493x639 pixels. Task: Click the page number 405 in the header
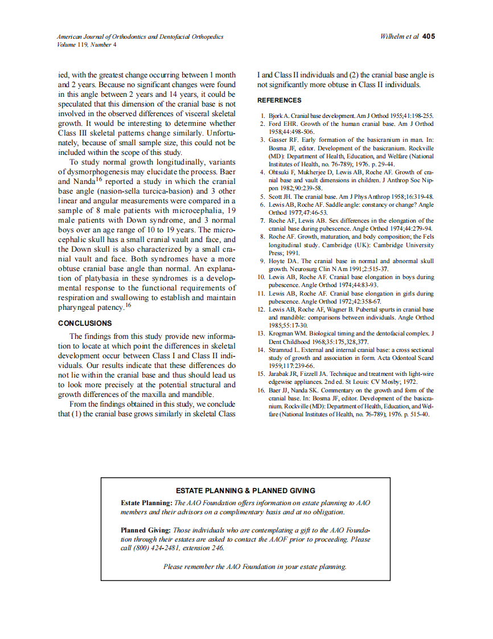(429, 36)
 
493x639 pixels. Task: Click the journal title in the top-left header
(140, 36)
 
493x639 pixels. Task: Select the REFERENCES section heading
(279, 100)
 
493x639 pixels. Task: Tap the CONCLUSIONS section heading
(85, 323)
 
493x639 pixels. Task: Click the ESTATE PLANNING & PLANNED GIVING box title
(245, 490)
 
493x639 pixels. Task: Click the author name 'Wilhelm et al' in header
(399, 36)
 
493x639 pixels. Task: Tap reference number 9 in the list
(262, 261)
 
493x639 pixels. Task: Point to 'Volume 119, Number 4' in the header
(87, 44)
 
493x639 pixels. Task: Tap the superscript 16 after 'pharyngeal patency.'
(128, 305)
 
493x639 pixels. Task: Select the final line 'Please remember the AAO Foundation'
(254, 567)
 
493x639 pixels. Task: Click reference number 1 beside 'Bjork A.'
(262, 116)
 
